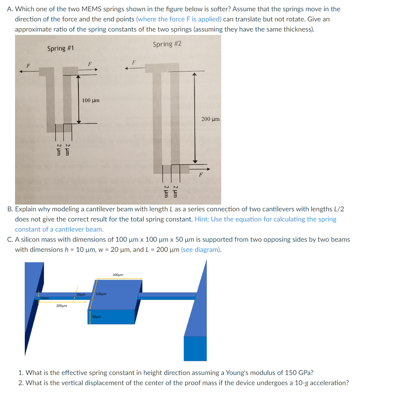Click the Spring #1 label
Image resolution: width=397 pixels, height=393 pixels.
tap(60, 48)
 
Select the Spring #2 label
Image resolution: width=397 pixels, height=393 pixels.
tap(167, 44)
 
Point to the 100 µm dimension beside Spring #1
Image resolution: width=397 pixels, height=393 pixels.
tap(91, 100)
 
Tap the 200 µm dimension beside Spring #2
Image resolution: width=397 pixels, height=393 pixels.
tap(210, 119)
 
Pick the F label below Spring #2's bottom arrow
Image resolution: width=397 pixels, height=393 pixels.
tap(201, 174)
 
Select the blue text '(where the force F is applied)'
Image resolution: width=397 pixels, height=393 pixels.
tap(178, 19)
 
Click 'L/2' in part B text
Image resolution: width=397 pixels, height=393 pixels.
tap(338, 209)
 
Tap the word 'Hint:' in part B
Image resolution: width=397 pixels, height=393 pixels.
tap(202, 219)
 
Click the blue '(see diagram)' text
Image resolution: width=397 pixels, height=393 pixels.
tap(201, 249)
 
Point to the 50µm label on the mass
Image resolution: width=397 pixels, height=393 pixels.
tap(96, 317)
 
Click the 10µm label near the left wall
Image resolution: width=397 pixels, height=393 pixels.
tap(44, 298)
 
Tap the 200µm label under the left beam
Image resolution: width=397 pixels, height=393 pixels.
tap(62, 306)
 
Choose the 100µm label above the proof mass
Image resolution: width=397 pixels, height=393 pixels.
tap(118, 275)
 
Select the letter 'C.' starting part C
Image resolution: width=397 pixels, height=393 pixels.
tap(10, 239)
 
